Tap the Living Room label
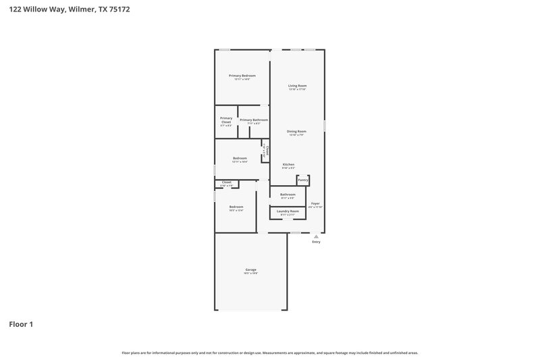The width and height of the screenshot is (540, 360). tap(298, 86)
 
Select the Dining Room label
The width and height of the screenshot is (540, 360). tap(297, 131)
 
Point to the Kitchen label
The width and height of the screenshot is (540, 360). tap(288, 164)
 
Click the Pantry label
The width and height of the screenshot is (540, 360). tap(303, 180)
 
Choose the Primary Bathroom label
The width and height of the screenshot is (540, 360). tap(254, 120)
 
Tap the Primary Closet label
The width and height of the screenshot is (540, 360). tap(226, 120)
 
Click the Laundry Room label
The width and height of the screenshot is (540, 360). tap(288, 211)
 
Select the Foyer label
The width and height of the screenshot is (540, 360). tap(315, 203)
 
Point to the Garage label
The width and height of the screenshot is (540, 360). tap(250, 269)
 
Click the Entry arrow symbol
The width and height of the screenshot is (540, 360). tap(316, 236)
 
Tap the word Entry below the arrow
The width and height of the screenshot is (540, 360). tap(316, 242)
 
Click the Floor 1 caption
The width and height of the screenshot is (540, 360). tap(21, 324)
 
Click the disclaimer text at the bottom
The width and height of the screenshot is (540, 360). tap(270, 353)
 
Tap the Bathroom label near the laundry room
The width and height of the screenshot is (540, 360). tap(288, 194)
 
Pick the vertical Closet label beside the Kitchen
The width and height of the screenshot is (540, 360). tap(267, 152)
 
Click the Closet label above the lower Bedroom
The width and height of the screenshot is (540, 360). tap(227, 182)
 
